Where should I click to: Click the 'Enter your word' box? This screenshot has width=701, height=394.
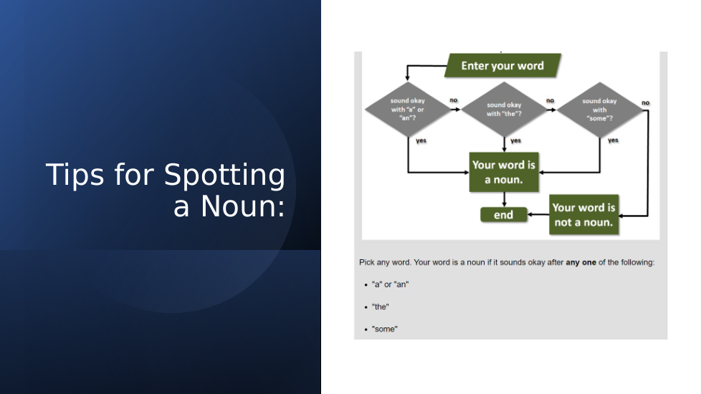coord(502,66)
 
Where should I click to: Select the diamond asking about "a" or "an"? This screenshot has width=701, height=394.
coord(408,110)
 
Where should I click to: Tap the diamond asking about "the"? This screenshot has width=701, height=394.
coord(505,110)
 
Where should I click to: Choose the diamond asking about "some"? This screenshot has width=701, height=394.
coord(599,110)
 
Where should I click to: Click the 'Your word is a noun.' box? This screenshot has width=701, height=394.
coord(504,172)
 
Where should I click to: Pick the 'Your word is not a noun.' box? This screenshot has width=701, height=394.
coord(584,214)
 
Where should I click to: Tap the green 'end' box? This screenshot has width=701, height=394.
coord(503,215)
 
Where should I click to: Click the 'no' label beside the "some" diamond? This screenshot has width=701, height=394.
coord(646,102)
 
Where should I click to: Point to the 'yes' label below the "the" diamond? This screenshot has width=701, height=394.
coord(516,140)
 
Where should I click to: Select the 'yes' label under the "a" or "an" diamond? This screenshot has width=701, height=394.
coord(421,140)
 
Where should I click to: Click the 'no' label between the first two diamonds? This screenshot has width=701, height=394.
coord(454,100)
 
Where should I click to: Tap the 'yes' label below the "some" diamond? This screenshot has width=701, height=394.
coord(613,140)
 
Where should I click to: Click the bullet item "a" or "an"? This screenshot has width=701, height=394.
coord(391,284)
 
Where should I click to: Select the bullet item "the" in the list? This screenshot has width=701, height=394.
coord(381,307)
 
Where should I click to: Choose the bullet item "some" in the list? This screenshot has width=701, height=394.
coord(384,330)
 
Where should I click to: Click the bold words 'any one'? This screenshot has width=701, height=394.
coord(581,263)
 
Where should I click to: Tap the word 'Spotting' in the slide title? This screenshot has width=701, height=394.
coord(224,175)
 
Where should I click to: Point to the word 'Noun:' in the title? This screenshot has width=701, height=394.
coord(243,207)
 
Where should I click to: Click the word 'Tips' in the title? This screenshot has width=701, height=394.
coord(75,175)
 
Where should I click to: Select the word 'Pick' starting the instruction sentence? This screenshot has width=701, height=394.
coord(366,263)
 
